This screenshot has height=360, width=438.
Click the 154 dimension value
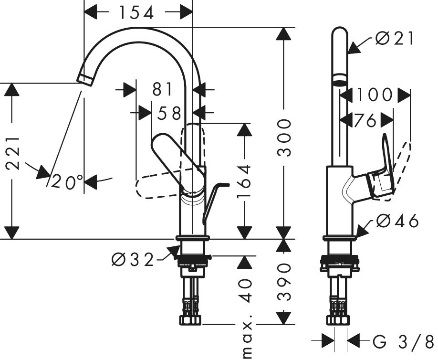point(136,13)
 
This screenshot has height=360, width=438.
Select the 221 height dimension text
point(13,153)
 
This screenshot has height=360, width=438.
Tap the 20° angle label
point(67,182)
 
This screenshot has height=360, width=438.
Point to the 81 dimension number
point(163,90)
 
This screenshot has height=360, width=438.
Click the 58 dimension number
point(169,114)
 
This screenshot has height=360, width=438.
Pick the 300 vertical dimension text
point(284,138)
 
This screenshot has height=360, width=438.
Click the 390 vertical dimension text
point(284,282)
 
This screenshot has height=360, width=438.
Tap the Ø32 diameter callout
point(133,260)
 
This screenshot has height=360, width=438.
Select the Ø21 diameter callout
point(395,39)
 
